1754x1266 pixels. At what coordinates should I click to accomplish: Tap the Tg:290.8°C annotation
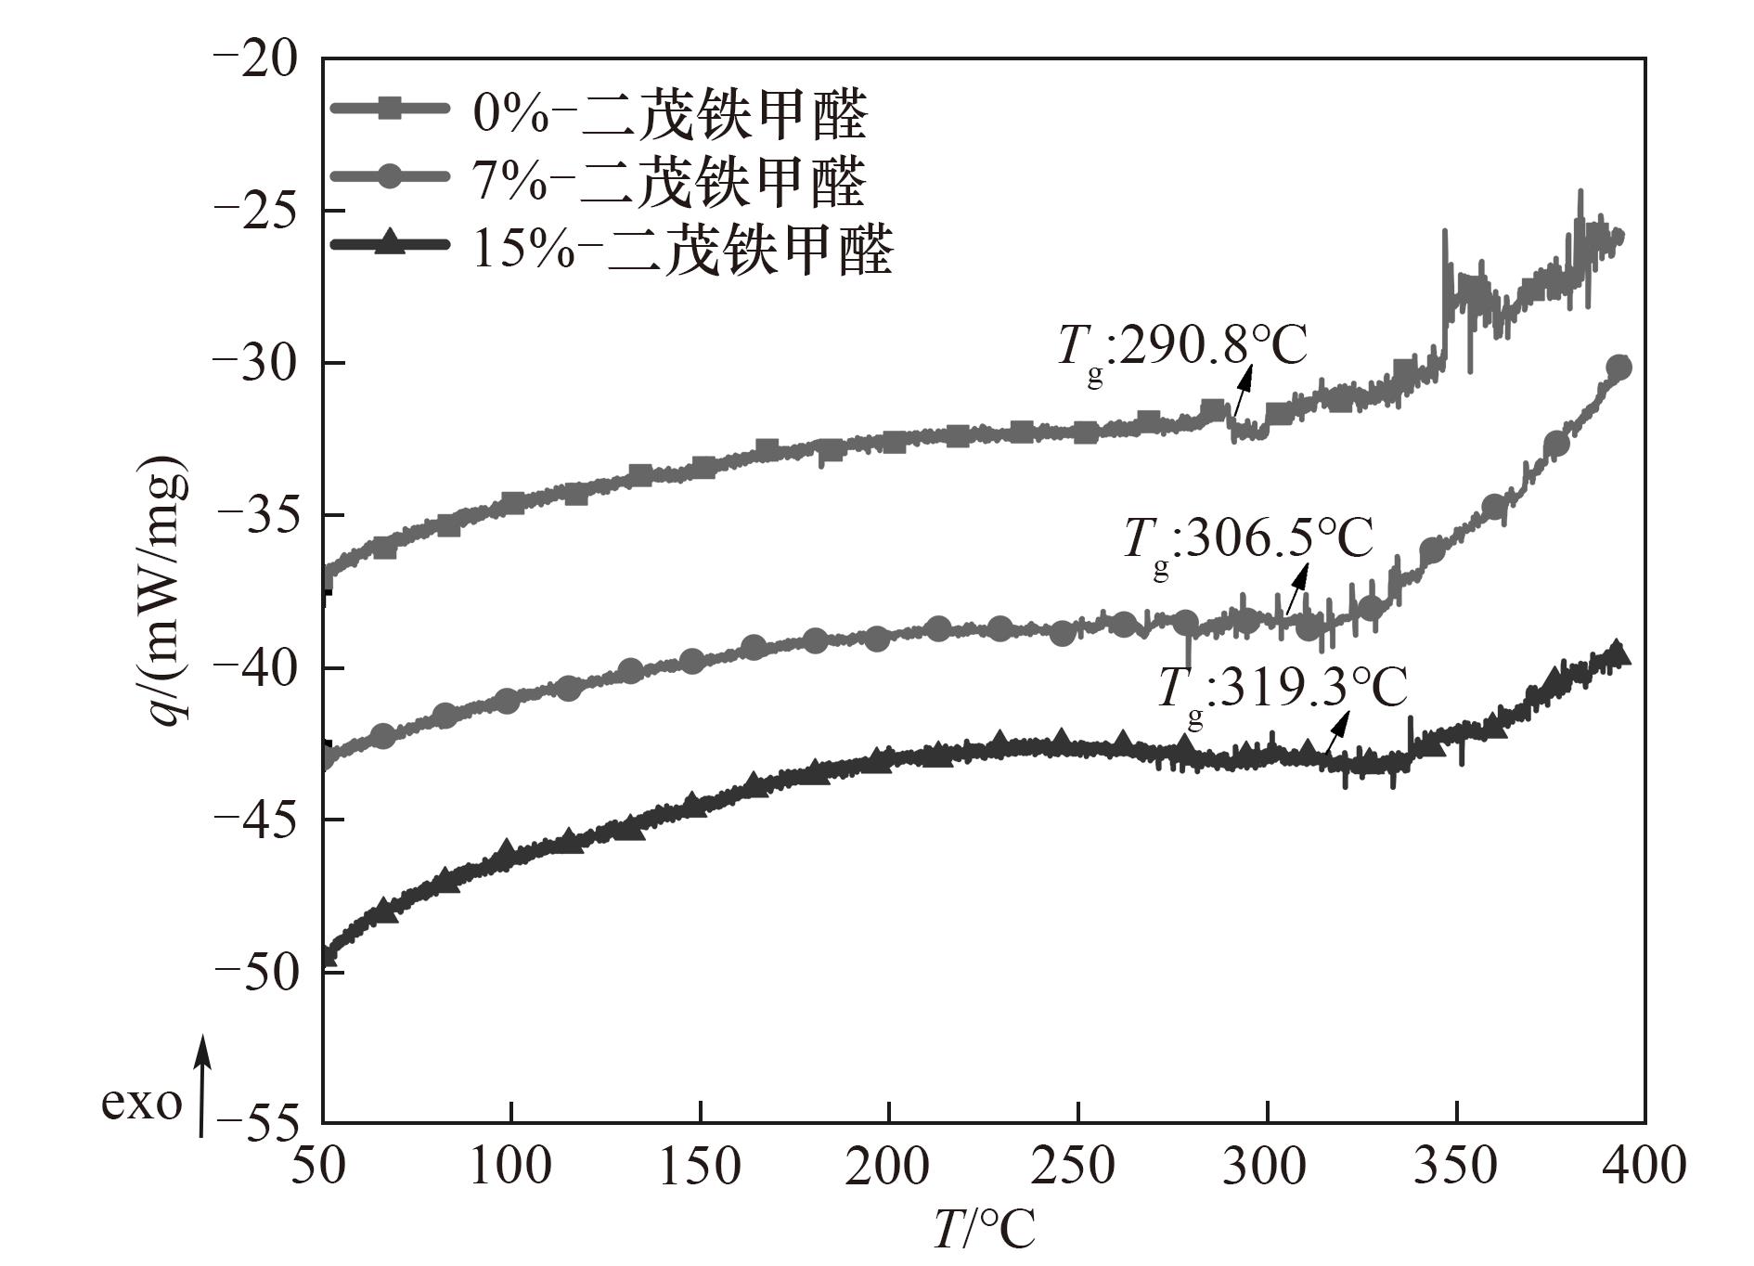1181,349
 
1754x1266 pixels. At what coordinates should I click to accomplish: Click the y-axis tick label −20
257,59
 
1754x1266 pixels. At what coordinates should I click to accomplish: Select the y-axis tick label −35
257,516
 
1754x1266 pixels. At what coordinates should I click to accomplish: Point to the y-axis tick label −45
257,820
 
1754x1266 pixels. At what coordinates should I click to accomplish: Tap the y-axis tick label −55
257,1124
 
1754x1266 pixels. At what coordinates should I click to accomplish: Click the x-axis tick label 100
511,1167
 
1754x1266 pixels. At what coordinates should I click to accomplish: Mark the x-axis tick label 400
1643,1167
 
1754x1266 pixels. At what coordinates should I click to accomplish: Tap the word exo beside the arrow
141,1104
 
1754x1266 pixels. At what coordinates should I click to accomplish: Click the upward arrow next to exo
201,1086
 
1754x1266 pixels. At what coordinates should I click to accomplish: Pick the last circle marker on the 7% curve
1619,368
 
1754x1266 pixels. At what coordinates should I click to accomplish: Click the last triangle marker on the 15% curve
1617,652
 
